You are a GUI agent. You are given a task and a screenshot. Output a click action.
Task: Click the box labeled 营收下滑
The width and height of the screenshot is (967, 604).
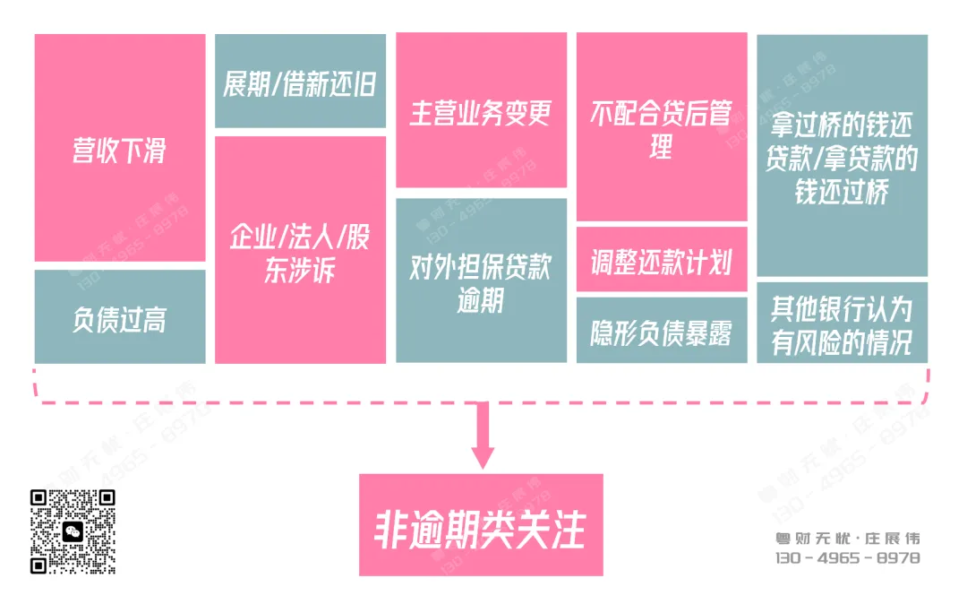[x=120, y=148]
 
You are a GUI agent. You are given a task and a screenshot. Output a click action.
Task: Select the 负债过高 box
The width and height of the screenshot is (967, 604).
[x=120, y=317]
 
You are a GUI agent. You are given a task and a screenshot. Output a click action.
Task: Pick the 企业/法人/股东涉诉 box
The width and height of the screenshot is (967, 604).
[x=300, y=250]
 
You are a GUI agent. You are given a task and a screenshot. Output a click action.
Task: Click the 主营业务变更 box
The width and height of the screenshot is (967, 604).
[x=481, y=111]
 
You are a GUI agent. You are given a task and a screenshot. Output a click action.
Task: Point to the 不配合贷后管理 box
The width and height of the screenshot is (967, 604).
[x=662, y=127]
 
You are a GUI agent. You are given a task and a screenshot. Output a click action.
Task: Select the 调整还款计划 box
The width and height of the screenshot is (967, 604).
[x=662, y=261]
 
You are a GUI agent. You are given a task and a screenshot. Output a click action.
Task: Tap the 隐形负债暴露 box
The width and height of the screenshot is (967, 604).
[x=662, y=331]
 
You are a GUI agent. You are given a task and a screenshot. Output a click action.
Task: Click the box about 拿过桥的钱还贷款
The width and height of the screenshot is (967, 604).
[x=842, y=156]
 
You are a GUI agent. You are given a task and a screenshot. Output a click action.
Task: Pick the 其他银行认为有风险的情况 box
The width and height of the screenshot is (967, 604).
[x=842, y=324]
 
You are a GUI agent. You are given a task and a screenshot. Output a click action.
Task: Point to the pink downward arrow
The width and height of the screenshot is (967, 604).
[x=483, y=439]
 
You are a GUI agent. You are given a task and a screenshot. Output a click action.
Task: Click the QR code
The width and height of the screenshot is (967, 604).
[x=73, y=531]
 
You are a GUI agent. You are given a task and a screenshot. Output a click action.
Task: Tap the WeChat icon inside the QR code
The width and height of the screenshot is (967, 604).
[x=73, y=531]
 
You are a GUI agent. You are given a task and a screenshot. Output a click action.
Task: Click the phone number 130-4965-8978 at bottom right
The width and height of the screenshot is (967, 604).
[x=847, y=557]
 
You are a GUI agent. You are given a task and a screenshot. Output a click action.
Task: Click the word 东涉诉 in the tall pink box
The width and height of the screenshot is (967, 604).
[x=300, y=271]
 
